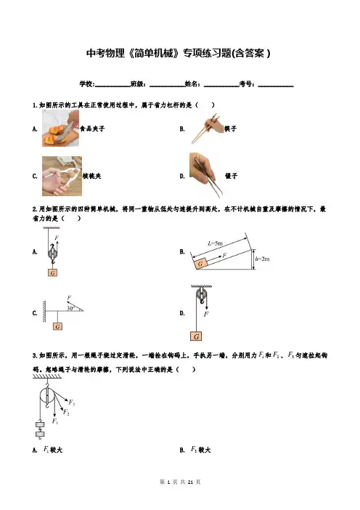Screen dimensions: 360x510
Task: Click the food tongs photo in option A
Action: click(60, 128)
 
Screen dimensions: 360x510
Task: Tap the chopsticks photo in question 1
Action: click(205, 129)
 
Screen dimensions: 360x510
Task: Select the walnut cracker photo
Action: click(62, 176)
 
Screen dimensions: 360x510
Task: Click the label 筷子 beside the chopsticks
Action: click(231, 129)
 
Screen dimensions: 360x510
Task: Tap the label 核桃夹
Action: click(92, 176)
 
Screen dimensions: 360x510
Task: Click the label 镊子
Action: click(232, 176)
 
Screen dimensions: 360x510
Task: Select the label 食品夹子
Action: click(93, 129)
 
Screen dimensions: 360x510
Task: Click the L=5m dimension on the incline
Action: click(215, 243)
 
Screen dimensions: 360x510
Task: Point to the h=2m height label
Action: click(263, 259)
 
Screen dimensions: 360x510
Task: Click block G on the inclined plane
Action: click(200, 263)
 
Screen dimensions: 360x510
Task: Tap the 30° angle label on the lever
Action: click(70, 308)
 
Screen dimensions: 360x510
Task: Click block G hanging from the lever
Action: click(58, 326)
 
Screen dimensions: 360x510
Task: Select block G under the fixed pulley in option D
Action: click(196, 336)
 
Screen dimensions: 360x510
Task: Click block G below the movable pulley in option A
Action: click(53, 272)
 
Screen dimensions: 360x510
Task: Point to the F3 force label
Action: click(72, 402)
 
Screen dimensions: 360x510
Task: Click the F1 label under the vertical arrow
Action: click(55, 421)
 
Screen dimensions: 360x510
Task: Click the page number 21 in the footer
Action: click(191, 482)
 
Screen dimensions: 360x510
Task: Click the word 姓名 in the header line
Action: click(192, 84)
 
